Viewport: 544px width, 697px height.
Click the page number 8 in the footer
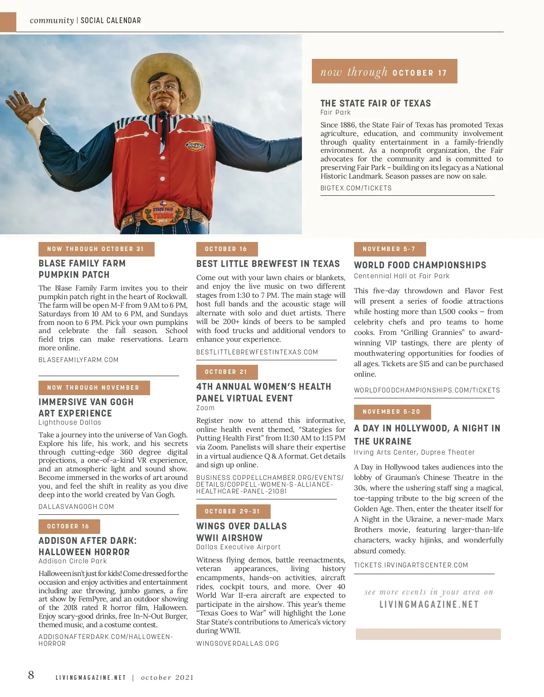pos(31,675)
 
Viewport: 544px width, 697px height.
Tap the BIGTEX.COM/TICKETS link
pos(356,188)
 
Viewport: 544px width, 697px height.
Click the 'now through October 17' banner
pos(384,72)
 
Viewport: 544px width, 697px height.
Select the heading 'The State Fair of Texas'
pos(375,103)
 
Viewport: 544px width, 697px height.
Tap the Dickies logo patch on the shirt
pos(195,145)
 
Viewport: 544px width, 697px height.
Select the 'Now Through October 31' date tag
pos(96,249)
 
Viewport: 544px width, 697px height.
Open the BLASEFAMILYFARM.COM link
pos(78,360)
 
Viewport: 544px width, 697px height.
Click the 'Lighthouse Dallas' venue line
pos(70,422)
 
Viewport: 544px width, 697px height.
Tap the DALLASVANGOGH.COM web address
pos(76,507)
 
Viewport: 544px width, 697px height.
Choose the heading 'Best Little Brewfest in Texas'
pos(268,264)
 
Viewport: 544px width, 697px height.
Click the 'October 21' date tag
pos(226,372)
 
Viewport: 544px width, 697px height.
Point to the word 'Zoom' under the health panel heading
pos(205,408)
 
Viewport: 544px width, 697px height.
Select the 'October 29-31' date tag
pos(233,511)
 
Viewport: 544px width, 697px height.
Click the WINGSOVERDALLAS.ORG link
pos(238,644)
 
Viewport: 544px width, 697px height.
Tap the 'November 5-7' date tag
pos(389,249)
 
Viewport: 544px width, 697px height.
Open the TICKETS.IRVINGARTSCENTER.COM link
pos(411,565)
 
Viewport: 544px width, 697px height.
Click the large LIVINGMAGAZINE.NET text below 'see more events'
pos(429,605)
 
